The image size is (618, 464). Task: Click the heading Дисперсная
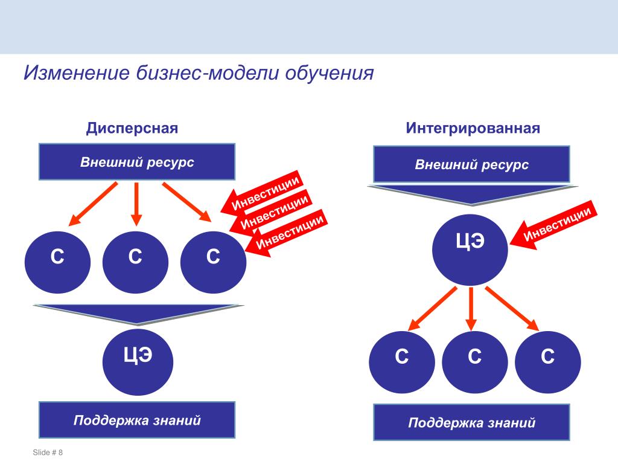(x=132, y=129)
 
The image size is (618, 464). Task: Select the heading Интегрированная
(x=473, y=129)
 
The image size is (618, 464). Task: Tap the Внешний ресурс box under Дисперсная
(x=137, y=162)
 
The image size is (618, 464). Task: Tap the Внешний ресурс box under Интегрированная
(x=471, y=164)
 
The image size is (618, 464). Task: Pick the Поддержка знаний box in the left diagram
(x=137, y=420)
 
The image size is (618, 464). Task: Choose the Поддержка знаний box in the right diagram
(x=471, y=422)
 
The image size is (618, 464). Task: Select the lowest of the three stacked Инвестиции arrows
(x=288, y=233)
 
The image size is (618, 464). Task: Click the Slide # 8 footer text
(x=48, y=453)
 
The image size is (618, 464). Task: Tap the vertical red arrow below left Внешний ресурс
(x=136, y=203)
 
